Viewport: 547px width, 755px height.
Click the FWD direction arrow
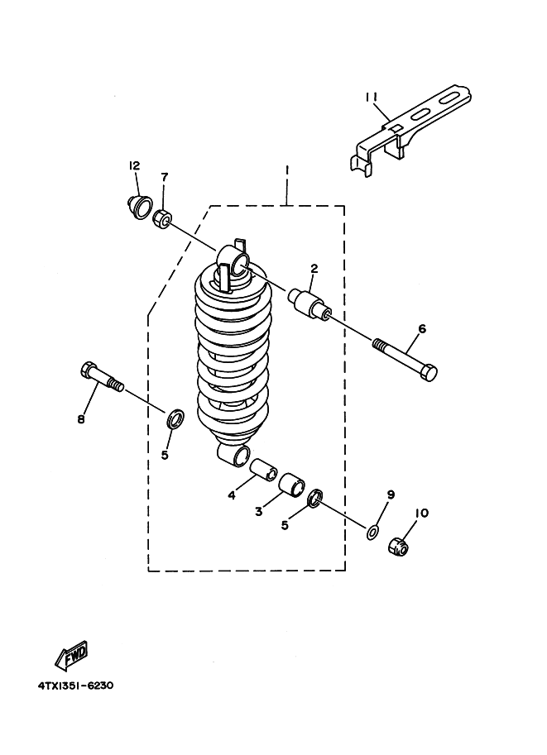coord(71,656)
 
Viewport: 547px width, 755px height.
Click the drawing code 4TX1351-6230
coord(75,686)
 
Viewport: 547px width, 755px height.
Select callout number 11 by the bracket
coord(371,98)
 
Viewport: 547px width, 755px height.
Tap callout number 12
coord(134,165)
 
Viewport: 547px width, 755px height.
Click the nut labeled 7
coord(161,220)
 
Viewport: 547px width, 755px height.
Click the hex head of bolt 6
coord(429,373)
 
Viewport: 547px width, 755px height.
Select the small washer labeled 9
coord(372,533)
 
